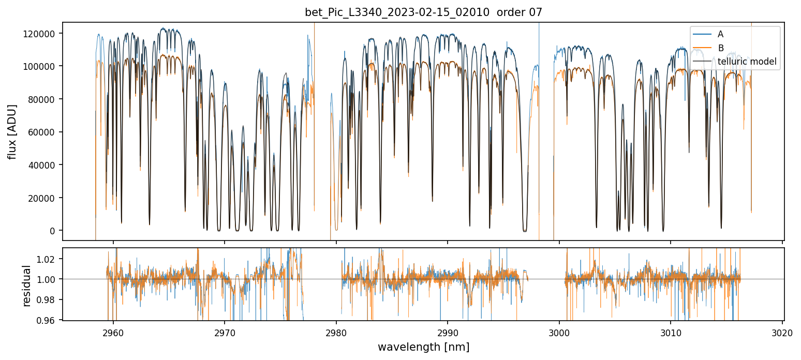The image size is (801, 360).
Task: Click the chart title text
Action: point(423,12)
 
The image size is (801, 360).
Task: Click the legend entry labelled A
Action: point(720,35)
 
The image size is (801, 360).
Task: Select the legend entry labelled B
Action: point(720,49)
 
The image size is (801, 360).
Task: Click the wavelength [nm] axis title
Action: point(423,347)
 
